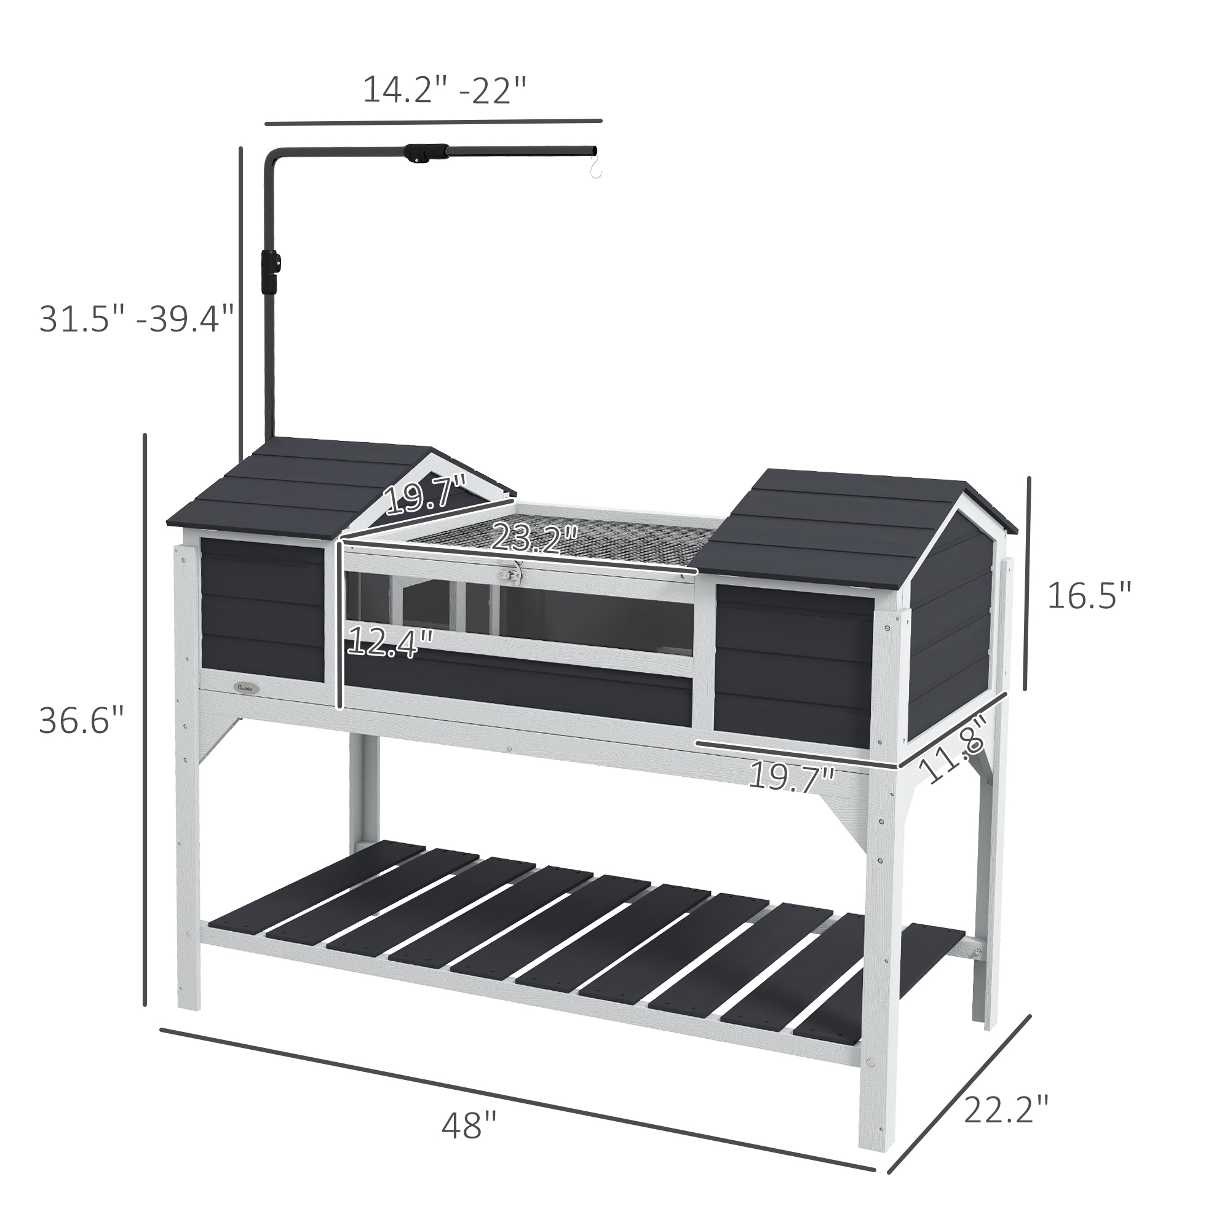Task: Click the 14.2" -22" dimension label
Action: tap(445, 90)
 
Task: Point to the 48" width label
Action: tap(469, 1126)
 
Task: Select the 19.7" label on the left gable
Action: tap(426, 495)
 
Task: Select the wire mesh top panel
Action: tap(573, 542)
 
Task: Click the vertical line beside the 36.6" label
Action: tap(145, 720)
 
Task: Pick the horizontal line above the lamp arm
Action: tap(433, 121)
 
